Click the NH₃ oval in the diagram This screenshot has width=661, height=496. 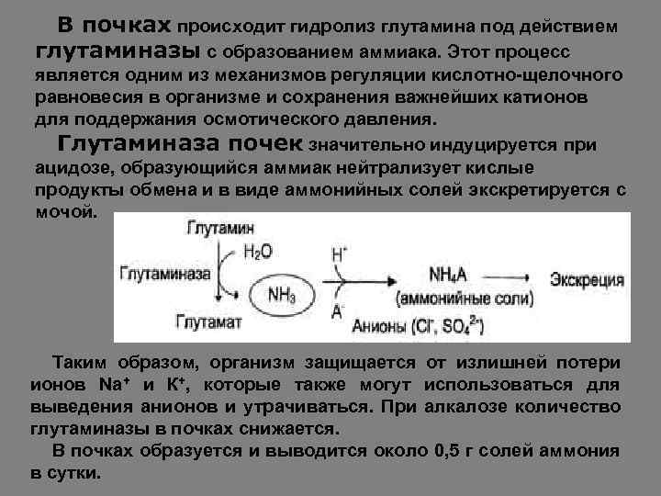click(x=284, y=293)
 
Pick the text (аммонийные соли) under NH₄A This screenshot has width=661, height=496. click(x=464, y=300)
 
